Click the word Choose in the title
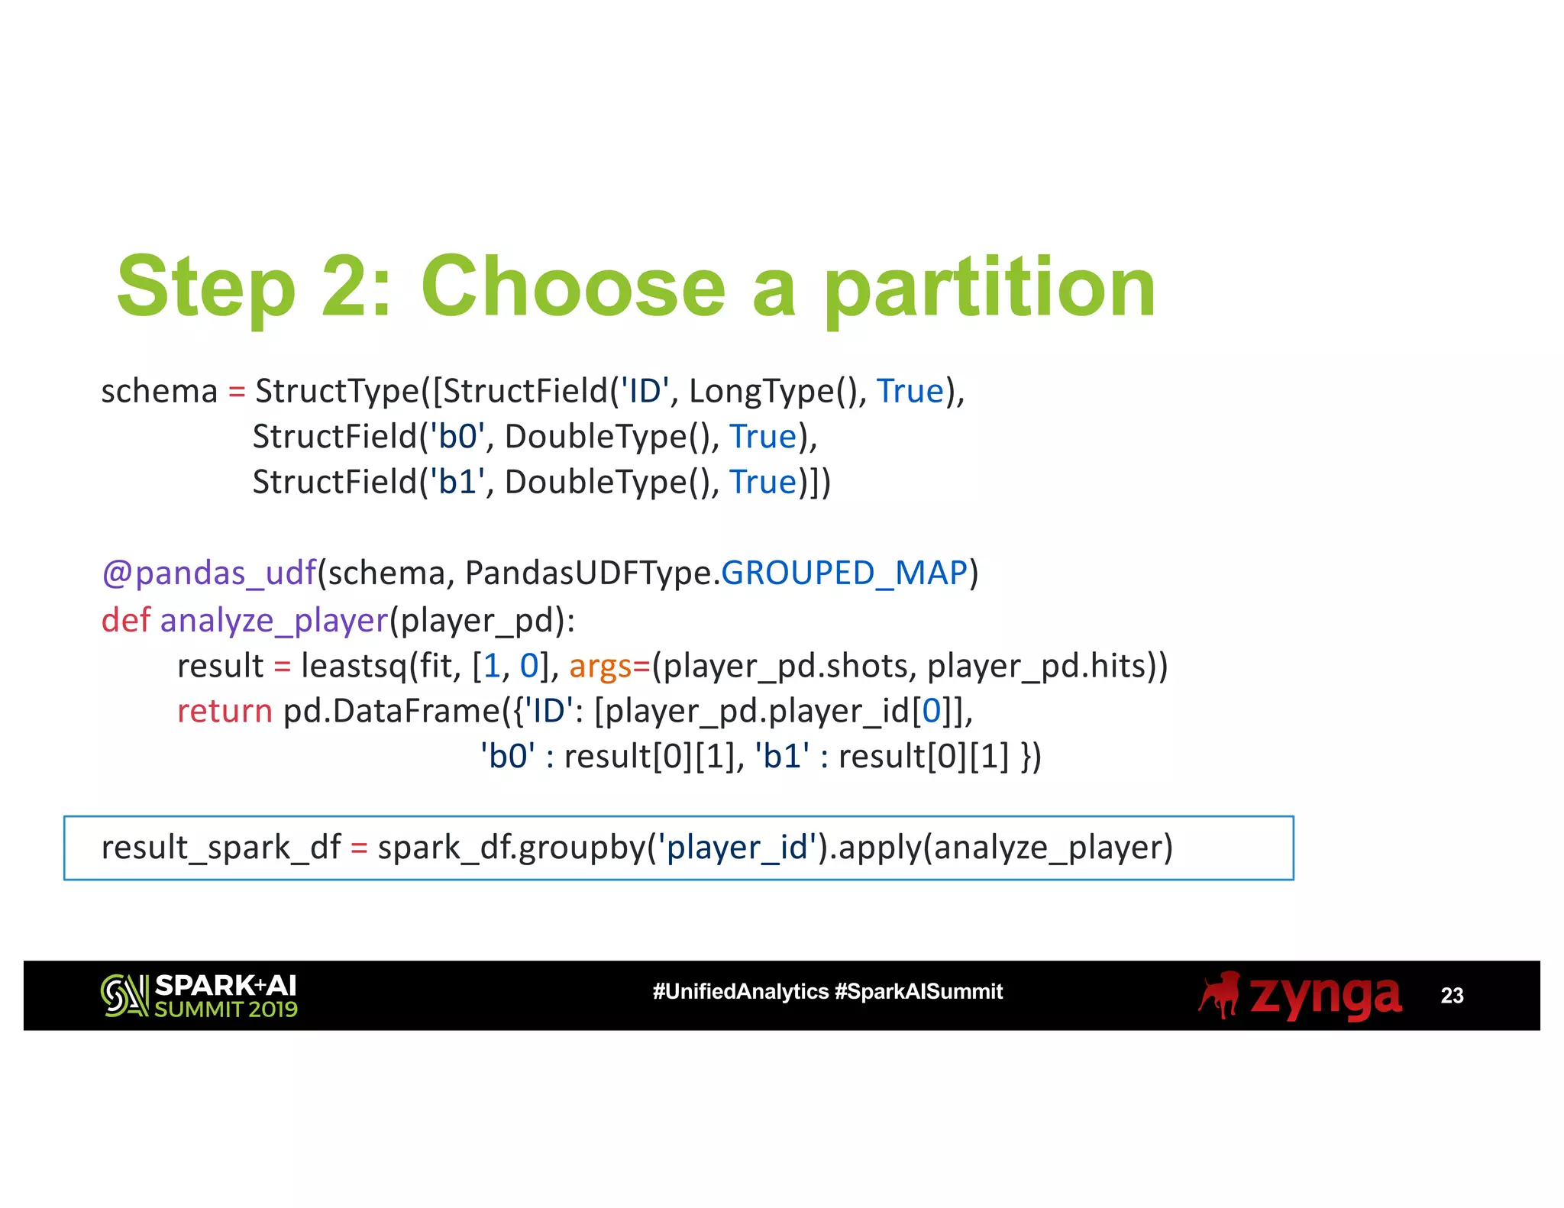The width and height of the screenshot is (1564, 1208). [x=573, y=287]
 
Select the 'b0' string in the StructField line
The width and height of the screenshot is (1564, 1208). [x=457, y=437]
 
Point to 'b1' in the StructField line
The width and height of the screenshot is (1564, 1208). [x=457, y=483]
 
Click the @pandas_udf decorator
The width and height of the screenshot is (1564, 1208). [x=208, y=573]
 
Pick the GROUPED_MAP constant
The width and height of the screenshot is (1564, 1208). [x=844, y=573]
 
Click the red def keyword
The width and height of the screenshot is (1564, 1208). [x=125, y=620]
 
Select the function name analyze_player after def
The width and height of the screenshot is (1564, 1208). [x=274, y=620]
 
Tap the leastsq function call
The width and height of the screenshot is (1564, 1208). [x=354, y=666]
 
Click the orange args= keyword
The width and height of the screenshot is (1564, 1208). [x=609, y=666]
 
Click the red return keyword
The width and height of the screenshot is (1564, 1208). [x=224, y=711]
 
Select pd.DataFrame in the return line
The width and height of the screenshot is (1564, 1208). [x=391, y=711]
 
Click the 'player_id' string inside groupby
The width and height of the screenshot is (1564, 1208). [x=737, y=848]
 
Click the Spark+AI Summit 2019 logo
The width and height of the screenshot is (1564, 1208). [x=199, y=996]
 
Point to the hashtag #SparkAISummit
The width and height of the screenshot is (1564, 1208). [x=919, y=992]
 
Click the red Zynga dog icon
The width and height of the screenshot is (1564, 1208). [x=1220, y=994]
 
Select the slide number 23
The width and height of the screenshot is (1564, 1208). [x=1451, y=996]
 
